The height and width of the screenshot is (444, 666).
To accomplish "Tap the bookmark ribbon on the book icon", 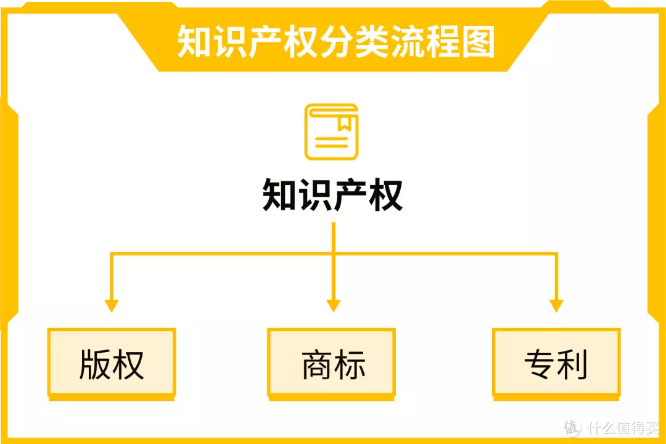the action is point(343,124).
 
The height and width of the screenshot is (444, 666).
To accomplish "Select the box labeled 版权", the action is point(112,364).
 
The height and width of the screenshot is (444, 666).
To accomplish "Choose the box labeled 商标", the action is point(331,364).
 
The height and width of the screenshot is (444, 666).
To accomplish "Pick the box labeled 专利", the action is point(556,364).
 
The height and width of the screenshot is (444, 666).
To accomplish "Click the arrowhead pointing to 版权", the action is point(111,306).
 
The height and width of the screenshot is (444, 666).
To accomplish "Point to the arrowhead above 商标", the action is point(334,306).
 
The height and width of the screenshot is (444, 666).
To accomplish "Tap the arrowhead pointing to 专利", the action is point(556,306).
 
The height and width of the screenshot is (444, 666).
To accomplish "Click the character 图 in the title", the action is point(479,41).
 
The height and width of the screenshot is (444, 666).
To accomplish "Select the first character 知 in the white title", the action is point(194,41).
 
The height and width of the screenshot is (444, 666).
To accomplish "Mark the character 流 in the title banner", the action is point(408,41).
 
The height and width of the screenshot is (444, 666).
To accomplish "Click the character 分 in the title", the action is point(337,41).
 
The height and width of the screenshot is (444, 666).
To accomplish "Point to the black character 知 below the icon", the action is point(279,195).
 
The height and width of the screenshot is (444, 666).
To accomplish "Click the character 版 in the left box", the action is point(95,364).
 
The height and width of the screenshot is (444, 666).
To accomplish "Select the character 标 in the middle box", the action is point(350,364).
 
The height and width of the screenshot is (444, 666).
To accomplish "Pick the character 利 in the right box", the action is point(572,364).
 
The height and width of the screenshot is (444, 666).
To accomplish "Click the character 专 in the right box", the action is point(540,364).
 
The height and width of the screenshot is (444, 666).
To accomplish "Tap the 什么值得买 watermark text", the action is point(623,428).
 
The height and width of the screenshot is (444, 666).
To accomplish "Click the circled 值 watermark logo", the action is point(572,428).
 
